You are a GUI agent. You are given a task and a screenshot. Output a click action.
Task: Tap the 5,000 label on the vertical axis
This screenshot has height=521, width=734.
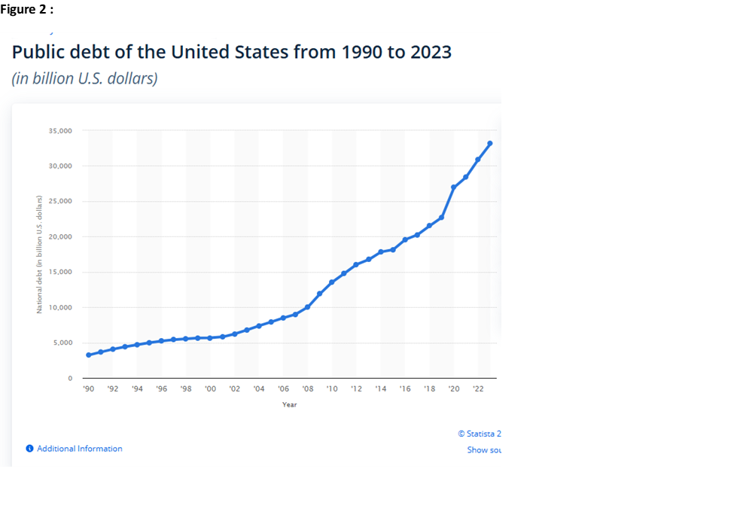(x=63, y=343)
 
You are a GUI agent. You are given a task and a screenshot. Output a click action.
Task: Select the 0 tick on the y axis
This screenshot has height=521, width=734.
(x=70, y=379)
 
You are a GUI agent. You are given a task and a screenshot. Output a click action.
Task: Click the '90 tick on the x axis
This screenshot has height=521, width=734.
(x=88, y=389)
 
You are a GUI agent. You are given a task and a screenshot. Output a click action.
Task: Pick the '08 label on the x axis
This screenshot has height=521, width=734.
(x=307, y=389)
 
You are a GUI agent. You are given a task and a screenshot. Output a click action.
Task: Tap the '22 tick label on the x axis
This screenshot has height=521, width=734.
(x=477, y=389)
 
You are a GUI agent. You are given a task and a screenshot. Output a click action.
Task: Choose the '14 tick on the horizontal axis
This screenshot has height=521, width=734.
(x=380, y=389)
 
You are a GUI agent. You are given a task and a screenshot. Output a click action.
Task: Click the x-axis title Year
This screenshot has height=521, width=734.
(x=289, y=405)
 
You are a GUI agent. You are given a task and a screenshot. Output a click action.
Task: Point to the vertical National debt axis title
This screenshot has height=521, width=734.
(x=39, y=254)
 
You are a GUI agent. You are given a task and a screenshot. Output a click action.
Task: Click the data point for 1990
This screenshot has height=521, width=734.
(x=88, y=355)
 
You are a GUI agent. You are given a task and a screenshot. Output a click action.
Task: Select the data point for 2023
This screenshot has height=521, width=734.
(x=490, y=143)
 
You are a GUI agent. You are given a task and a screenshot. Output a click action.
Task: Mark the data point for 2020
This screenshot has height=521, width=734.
(x=453, y=187)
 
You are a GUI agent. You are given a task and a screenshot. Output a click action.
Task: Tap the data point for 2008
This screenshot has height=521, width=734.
(x=307, y=307)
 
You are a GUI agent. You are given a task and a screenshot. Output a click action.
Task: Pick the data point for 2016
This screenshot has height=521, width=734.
(x=405, y=239)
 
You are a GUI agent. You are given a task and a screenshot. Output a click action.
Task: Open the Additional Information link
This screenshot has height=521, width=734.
(x=79, y=449)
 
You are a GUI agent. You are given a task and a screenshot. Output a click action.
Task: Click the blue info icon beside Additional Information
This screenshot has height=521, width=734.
(x=29, y=449)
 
